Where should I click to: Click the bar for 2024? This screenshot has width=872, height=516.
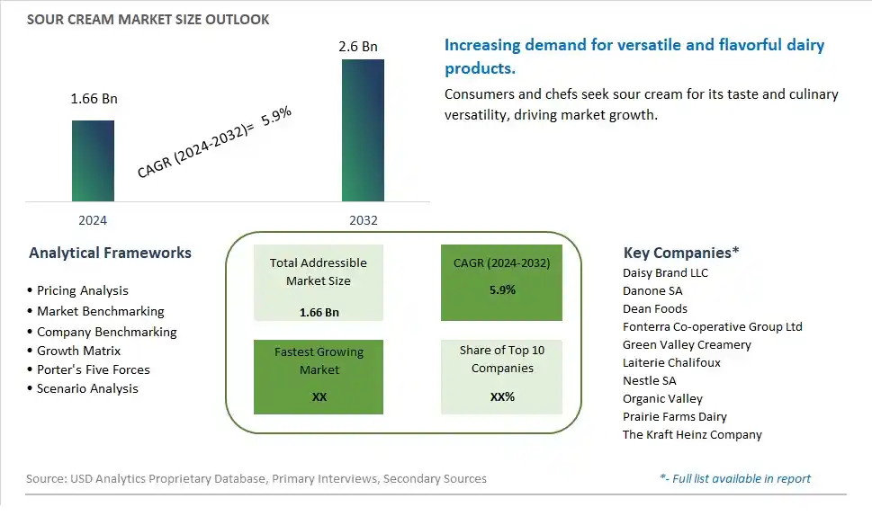click(93, 161)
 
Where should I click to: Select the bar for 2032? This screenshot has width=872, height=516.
click(363, 130)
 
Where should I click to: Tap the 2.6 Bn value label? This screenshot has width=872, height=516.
click(358, 47)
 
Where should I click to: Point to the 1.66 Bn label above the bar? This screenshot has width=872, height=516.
click(94, 99)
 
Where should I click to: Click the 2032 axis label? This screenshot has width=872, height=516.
click(364, 220)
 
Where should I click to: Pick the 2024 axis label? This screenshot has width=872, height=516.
click(93, 220)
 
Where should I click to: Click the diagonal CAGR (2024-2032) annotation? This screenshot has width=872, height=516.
click(214, 142)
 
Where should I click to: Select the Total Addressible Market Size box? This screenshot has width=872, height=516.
click(318, 282)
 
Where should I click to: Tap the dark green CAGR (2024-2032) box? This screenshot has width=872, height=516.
click(501, 282)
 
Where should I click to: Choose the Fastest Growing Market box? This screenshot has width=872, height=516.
click(318, 377)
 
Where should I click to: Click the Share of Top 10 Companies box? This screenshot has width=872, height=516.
click(501, 377)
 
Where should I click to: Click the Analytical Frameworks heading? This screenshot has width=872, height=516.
click(110, 253)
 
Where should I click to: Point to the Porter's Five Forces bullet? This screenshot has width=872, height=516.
click(88, 370)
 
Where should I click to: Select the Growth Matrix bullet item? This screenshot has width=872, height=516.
click(74, 351)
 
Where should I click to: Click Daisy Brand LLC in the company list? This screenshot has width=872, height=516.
click(665, 272)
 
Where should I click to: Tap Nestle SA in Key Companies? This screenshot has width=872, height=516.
click(650, 380)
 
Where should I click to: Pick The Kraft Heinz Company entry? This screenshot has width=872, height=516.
click(692, 434)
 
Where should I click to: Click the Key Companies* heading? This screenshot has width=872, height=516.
click(681, 253)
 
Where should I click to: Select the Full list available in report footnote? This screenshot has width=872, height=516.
click(735, 478)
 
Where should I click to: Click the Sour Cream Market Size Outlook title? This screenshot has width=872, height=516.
click(148, 20)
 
